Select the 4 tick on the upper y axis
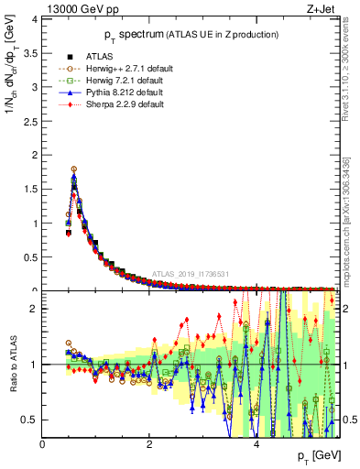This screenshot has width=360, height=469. click(x=34, y=18)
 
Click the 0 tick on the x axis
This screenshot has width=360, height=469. click(x=43, y=444)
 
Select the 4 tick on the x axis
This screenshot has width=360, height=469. click(x=256, y=444)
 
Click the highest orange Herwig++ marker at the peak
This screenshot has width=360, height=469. click(x=73, y=169)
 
